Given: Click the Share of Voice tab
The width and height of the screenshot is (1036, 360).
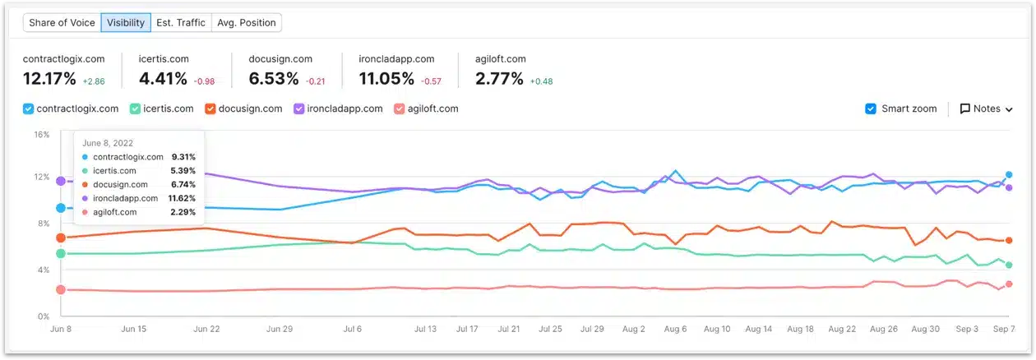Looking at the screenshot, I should click(x=62, y=23).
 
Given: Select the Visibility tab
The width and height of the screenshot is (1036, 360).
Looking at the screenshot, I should click(x=126, y=23).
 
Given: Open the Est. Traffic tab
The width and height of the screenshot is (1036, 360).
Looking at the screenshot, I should click(x=181, y=23).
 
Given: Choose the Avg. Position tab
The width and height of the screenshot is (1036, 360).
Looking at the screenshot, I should click(x=246, y=23).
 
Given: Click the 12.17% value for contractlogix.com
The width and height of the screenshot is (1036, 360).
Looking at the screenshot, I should click(x=49, y=79).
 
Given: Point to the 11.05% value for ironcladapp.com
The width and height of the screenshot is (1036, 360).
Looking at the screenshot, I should click(x=386, y=79).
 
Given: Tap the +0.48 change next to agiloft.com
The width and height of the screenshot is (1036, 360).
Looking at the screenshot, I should click(x=541, y=81).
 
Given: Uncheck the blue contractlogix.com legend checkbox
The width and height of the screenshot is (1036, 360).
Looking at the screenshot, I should click(x=29, y=108).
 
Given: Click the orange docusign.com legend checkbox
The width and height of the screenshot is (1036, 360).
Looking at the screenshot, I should click(x=210, y=108).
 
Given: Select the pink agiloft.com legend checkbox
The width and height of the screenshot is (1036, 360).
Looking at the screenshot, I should click(x=400, y=108).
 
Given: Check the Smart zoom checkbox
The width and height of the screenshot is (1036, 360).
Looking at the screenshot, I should click(x=871, y=108).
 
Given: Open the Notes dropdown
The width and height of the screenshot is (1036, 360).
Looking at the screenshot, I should click(x=986, y=108).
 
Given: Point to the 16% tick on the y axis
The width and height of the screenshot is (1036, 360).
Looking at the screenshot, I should click(x=41, y=135).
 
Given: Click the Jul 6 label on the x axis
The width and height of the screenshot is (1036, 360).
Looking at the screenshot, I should click(x=352, y=329).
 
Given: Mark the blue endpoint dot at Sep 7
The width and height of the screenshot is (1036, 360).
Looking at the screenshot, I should click(x=1009, y=174).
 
